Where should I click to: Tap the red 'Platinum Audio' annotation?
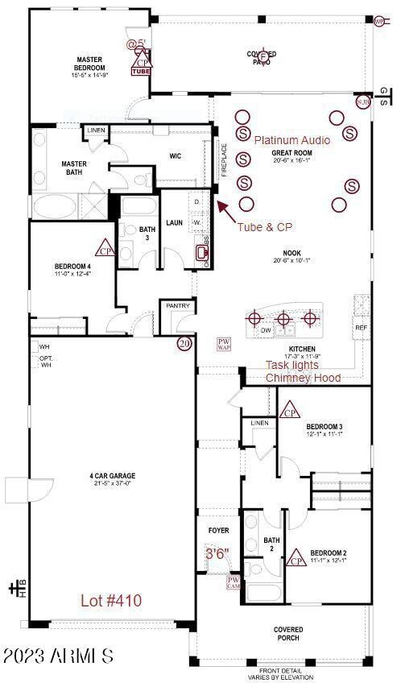coord(292,140)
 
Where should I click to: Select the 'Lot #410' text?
coord(110,600)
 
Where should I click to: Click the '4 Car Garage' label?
coord(112,481)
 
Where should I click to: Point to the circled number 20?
coord(184,344)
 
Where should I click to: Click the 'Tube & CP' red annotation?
coord(264,227)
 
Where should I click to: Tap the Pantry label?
coord(177,306)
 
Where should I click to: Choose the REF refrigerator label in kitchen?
coord(361,328)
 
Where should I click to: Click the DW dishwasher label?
coord(266,330)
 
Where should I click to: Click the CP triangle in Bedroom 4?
coord(105,247)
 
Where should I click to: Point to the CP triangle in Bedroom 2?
coord(297,557)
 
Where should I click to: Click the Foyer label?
coord(218,531)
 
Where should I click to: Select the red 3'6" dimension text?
coord(217,554)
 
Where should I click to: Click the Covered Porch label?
coord(287,634)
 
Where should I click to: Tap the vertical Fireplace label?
coord(225,159)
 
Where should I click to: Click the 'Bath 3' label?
coord(147,234)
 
